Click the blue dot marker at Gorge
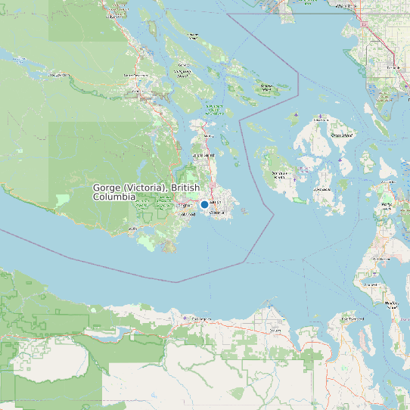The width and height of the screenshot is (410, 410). point(204,204)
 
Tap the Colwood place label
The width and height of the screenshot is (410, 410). point(188,214)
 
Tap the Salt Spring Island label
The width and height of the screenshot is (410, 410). point(183,74)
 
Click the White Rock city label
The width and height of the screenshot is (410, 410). point(345,5)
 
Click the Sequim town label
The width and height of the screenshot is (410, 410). point(275,330)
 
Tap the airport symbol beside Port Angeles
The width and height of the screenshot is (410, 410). point(185,318)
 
